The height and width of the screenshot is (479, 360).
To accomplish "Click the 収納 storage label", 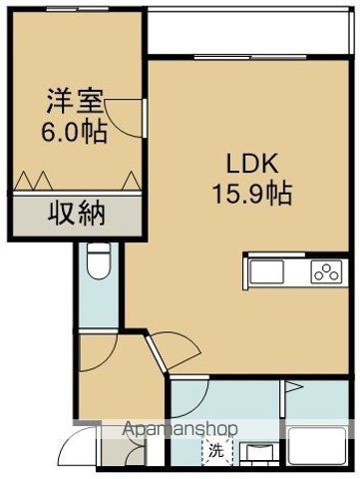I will pyautogui.click(x=75, y=213).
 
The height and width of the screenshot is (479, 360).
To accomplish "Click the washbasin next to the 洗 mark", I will pyautogui.click(x=262, y=454).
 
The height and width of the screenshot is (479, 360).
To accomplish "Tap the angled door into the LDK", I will pyautogui.click(x=172, y=354).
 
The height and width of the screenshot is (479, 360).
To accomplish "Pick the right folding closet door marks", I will pyautogui.click(x=126, y=181).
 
